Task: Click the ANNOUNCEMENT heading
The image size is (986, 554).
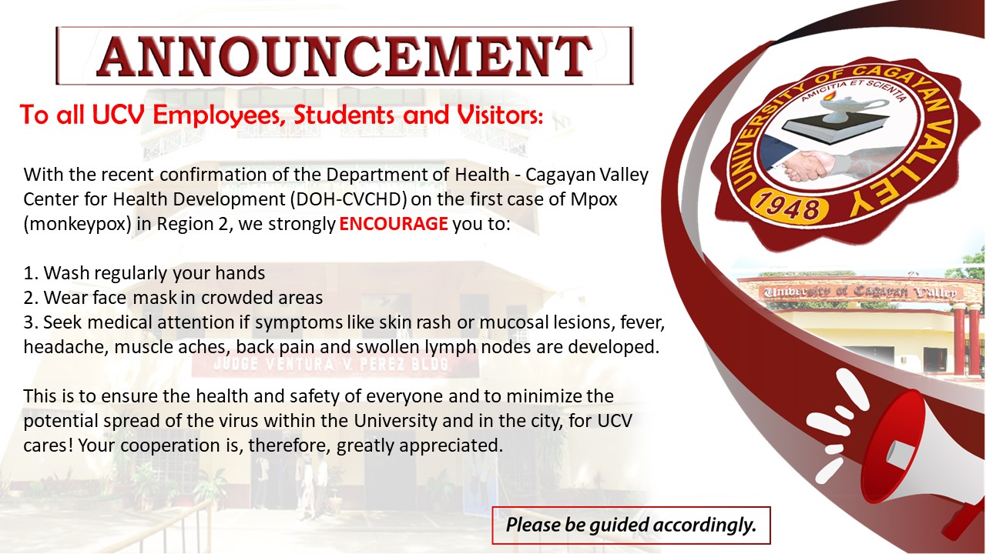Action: coord(344,56)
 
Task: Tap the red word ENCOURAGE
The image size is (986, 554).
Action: coord(394,224)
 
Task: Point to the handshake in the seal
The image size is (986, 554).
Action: coord(810,165)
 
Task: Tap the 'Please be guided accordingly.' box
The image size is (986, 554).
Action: coord(631,525)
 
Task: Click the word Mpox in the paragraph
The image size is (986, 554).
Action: coord(594,199)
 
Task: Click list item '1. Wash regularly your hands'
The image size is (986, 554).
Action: coord(144,273)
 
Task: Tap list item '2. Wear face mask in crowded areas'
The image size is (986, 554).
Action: coord(173,298)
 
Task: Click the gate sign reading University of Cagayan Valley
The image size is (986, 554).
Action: coord(860,292)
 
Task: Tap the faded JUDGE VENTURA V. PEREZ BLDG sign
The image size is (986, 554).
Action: coord(330,365)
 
